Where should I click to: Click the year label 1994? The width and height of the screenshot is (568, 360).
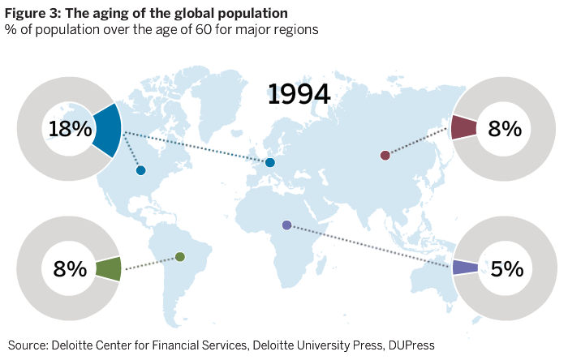[299, 94]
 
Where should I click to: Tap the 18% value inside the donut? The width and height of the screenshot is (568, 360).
[69, 129]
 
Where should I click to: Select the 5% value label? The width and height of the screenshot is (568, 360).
[506, 268]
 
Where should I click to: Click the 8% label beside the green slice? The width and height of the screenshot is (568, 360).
[69, 268]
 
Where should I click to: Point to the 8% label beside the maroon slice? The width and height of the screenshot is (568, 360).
[504, 128]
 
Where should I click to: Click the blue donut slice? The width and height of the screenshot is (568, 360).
[107, 130]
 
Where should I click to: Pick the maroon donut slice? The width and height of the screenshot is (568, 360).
[463, 128]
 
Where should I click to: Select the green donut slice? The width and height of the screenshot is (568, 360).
[108, 269]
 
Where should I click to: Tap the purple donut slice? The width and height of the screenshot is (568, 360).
[464, 268]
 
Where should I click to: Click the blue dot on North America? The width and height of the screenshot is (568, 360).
[141, 170]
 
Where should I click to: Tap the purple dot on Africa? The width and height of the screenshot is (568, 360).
[286, 225]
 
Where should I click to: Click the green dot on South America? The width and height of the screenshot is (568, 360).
[180, 257]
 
